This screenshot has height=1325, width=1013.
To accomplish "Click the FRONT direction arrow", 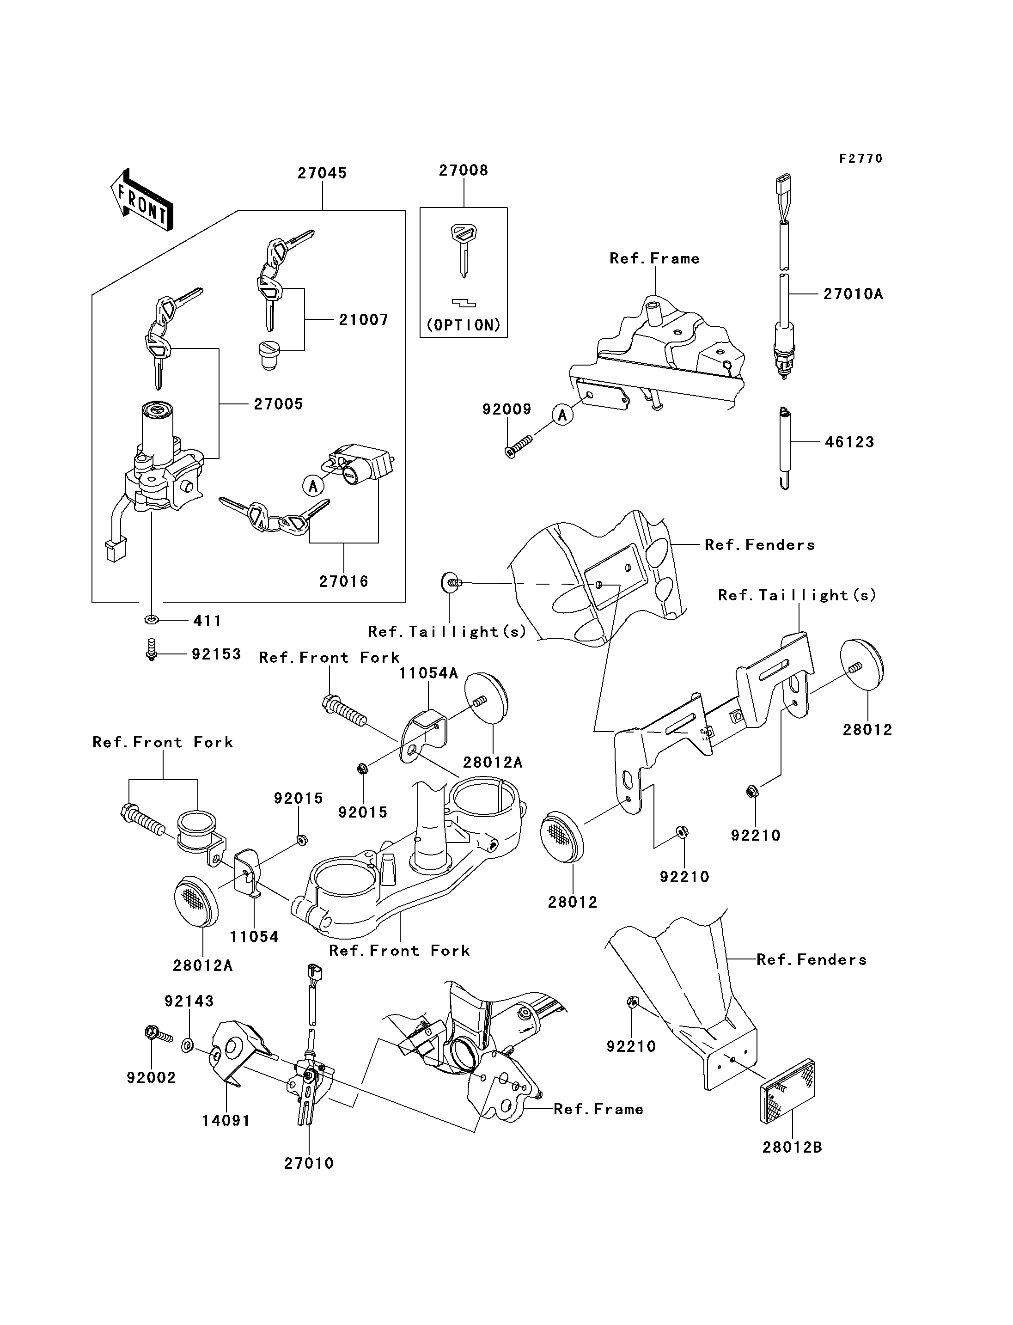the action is click(142, 200).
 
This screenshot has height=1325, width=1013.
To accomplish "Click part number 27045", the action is click(322, 173).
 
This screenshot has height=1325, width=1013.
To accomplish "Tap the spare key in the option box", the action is click(463, 250).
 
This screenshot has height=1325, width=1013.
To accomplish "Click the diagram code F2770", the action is click(861, 159).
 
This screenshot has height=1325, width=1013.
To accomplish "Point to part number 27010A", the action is click(853, 294).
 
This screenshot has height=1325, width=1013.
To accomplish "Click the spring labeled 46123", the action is click(784, 448).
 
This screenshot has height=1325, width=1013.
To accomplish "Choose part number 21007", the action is click(363, 320).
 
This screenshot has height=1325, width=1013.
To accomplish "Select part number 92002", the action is click(151, 1077).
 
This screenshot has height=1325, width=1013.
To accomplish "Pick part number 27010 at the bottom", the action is click(309, 1163).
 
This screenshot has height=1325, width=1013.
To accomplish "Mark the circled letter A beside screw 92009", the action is click(562, 415).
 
